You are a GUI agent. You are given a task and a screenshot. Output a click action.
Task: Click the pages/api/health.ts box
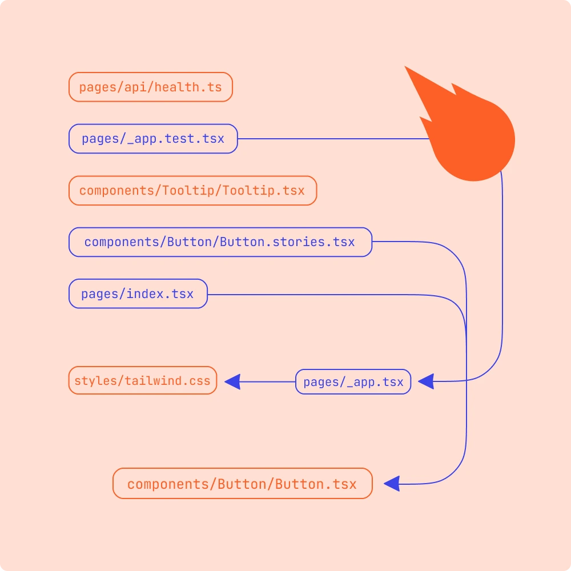[150, 87]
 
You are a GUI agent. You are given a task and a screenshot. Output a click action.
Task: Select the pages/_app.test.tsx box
[153, 139]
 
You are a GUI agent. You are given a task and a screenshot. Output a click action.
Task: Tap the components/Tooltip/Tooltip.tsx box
[192, 191]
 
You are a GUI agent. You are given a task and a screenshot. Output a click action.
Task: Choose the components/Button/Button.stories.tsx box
[220, 242]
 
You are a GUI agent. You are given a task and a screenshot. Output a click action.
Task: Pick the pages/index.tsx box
[138, 294]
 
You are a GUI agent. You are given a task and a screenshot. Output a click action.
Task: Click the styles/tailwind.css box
[143, 380]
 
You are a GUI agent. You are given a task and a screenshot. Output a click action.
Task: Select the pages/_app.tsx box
[353, 382]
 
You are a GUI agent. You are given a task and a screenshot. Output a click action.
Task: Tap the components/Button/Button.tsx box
[242, 484]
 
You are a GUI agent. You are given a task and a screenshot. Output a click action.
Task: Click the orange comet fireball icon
[474, 140]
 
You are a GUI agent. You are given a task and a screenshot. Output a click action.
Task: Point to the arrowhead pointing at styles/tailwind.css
[232, 381]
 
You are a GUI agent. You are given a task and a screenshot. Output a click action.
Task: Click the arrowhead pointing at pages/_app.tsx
[426, 381]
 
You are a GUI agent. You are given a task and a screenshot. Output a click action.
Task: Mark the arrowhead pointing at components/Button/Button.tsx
[392, 484]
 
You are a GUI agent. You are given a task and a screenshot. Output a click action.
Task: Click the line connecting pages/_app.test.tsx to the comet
[331, 139]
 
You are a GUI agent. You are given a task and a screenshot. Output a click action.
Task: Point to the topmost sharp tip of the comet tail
[405, 67]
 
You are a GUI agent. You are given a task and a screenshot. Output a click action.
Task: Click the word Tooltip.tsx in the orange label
[264, 191]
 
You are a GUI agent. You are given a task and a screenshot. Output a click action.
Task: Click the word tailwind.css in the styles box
[168, 380]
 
